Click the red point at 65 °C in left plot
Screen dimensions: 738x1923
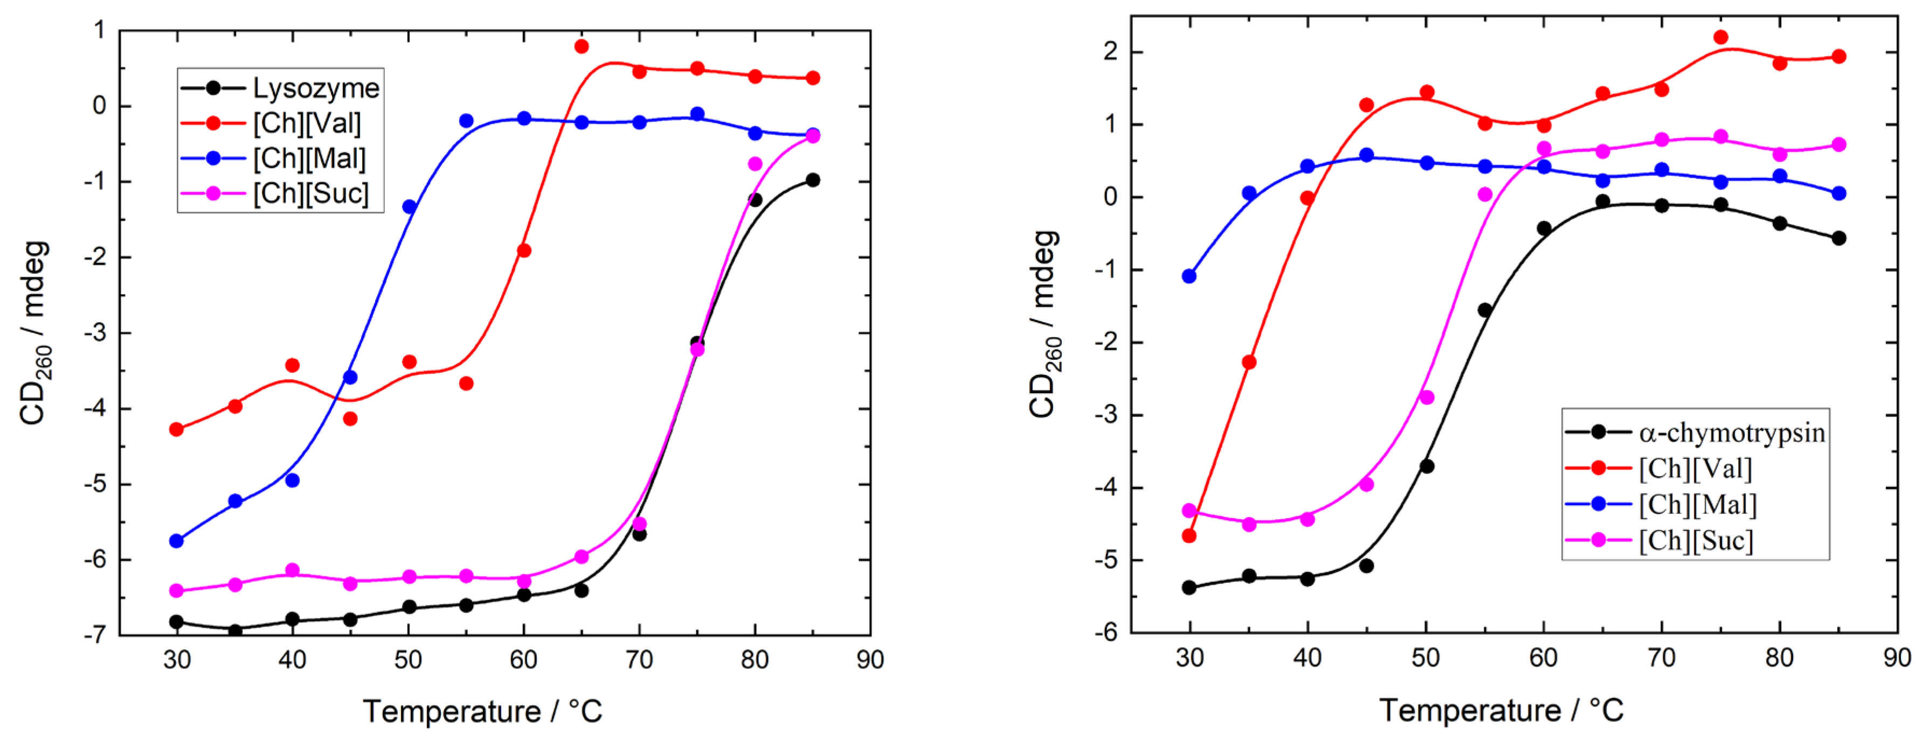[582, 46]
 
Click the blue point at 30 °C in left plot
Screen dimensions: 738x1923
[177, 541]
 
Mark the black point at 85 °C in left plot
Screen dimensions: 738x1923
[813, 180]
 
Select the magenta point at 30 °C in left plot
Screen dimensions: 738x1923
[177, 591]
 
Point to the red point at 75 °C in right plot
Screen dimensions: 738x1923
[1721, 37]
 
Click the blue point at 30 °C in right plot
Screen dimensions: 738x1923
[1189, 276]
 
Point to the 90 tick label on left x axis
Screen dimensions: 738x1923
[870, 660]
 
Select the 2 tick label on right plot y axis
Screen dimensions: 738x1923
[1111, 52]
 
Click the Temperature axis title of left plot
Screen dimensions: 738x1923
[482, 711]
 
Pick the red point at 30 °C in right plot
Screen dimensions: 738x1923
[1189, 536]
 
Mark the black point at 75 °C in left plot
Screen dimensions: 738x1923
[696, 343]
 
